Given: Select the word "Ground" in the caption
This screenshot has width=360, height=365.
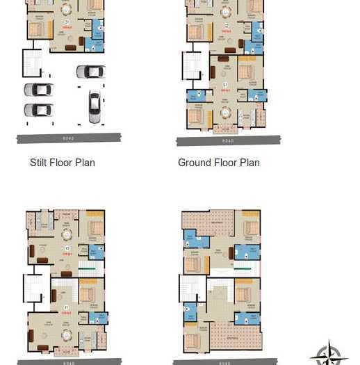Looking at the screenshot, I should [194, 163].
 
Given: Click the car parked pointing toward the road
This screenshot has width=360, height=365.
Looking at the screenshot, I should [94, 106].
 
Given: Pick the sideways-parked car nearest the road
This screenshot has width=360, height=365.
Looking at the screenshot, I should [38, 110].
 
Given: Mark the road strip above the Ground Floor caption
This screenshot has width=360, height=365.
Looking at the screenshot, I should [229, 140].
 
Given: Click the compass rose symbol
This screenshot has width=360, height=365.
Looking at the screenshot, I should [329, 355].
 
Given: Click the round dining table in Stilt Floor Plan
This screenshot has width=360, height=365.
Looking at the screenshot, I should [66, 10].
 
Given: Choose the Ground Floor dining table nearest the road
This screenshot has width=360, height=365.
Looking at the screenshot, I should [225, 112].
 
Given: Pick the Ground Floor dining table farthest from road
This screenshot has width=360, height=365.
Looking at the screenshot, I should [225, 10].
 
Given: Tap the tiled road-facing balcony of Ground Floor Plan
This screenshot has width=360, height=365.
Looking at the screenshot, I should [225, 129].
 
